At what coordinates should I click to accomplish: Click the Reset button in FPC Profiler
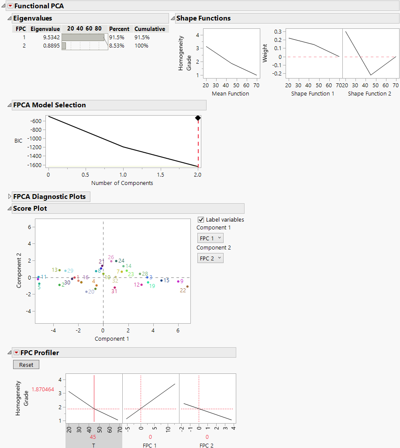26,365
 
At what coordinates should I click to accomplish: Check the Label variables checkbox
201,220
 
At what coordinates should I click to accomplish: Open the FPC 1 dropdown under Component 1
210,238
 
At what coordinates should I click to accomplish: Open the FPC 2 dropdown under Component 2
210,258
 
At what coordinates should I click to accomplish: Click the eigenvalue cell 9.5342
52,38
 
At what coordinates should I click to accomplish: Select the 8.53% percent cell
117,45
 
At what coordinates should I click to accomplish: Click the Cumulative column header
150,29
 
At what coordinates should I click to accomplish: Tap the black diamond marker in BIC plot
198,118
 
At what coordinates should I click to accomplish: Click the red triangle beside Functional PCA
10,6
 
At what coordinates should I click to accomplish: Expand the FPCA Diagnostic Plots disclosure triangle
10,197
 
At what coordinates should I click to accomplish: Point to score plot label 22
183,291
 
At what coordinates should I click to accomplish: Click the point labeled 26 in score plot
111,261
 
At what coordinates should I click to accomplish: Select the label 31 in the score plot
114,291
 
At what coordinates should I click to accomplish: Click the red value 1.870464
43,390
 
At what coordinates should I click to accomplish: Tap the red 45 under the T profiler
93,437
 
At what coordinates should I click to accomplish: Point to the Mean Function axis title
230,93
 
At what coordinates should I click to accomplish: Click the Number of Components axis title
122,183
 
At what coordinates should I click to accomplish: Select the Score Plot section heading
30,209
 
